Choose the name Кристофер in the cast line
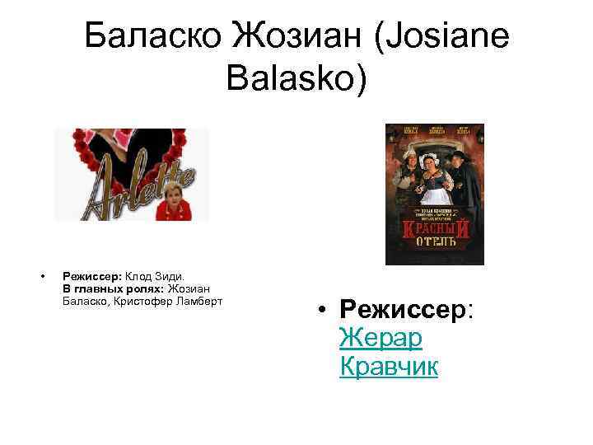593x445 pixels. (137, 301)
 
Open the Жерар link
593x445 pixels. (380, 337)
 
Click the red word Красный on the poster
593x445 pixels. (434, 229)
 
